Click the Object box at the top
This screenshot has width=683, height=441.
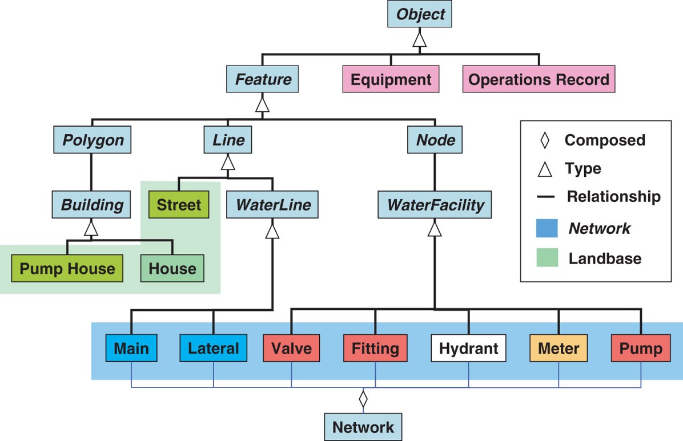(420, 14)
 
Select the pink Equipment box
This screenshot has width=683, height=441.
(391, 79)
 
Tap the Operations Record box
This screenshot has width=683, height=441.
(539, 79)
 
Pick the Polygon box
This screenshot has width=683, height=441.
(93, 140)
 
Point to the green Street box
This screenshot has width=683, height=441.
(178, 205)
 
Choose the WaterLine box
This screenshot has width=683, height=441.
(272, 205)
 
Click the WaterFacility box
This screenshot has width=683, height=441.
(435, 205)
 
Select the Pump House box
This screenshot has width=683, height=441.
(67, 268)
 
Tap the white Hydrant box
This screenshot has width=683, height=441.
(468, 348)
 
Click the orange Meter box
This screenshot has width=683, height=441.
(559, 348)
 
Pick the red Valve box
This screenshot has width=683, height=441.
(292, 348)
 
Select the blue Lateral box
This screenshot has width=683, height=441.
(213, 348)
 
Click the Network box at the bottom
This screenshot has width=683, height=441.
(363, 427)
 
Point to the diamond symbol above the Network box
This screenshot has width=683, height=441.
(363, 399)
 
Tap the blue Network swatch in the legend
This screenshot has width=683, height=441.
(546, 228)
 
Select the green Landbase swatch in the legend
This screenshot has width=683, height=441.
(546, 258)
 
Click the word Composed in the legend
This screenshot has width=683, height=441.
(605, 140)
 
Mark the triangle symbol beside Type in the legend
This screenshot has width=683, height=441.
(546, 169)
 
